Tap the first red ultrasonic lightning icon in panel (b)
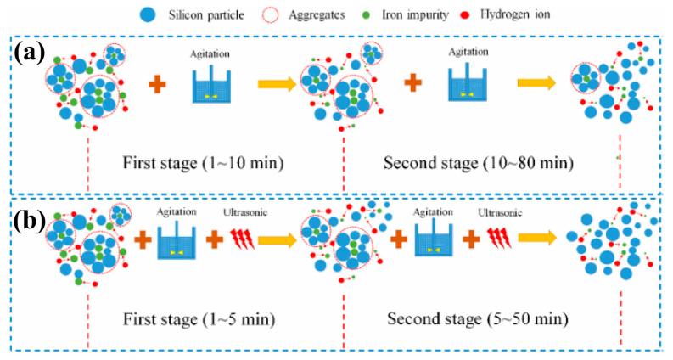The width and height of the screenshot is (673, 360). (x=242, y=239)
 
